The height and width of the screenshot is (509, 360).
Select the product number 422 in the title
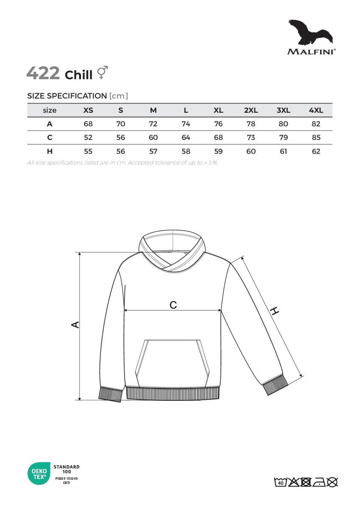[43, 73]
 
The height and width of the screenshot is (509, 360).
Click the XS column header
[88, 110]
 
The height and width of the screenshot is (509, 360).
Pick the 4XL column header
[316, 110]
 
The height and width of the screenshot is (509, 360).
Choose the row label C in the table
[50, 137]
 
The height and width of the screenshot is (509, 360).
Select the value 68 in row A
[88, 124]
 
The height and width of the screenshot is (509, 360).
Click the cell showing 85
[316, 137]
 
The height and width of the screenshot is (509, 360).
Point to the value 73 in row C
[251, 137]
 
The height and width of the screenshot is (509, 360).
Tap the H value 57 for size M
[153, 151]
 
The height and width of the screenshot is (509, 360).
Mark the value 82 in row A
[316, 124]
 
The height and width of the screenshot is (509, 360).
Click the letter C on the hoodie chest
[173, 305]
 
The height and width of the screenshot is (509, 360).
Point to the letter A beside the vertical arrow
[75, 324]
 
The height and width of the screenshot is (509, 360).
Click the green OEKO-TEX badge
[37, 474]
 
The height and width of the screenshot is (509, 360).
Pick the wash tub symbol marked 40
[280, 482]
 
